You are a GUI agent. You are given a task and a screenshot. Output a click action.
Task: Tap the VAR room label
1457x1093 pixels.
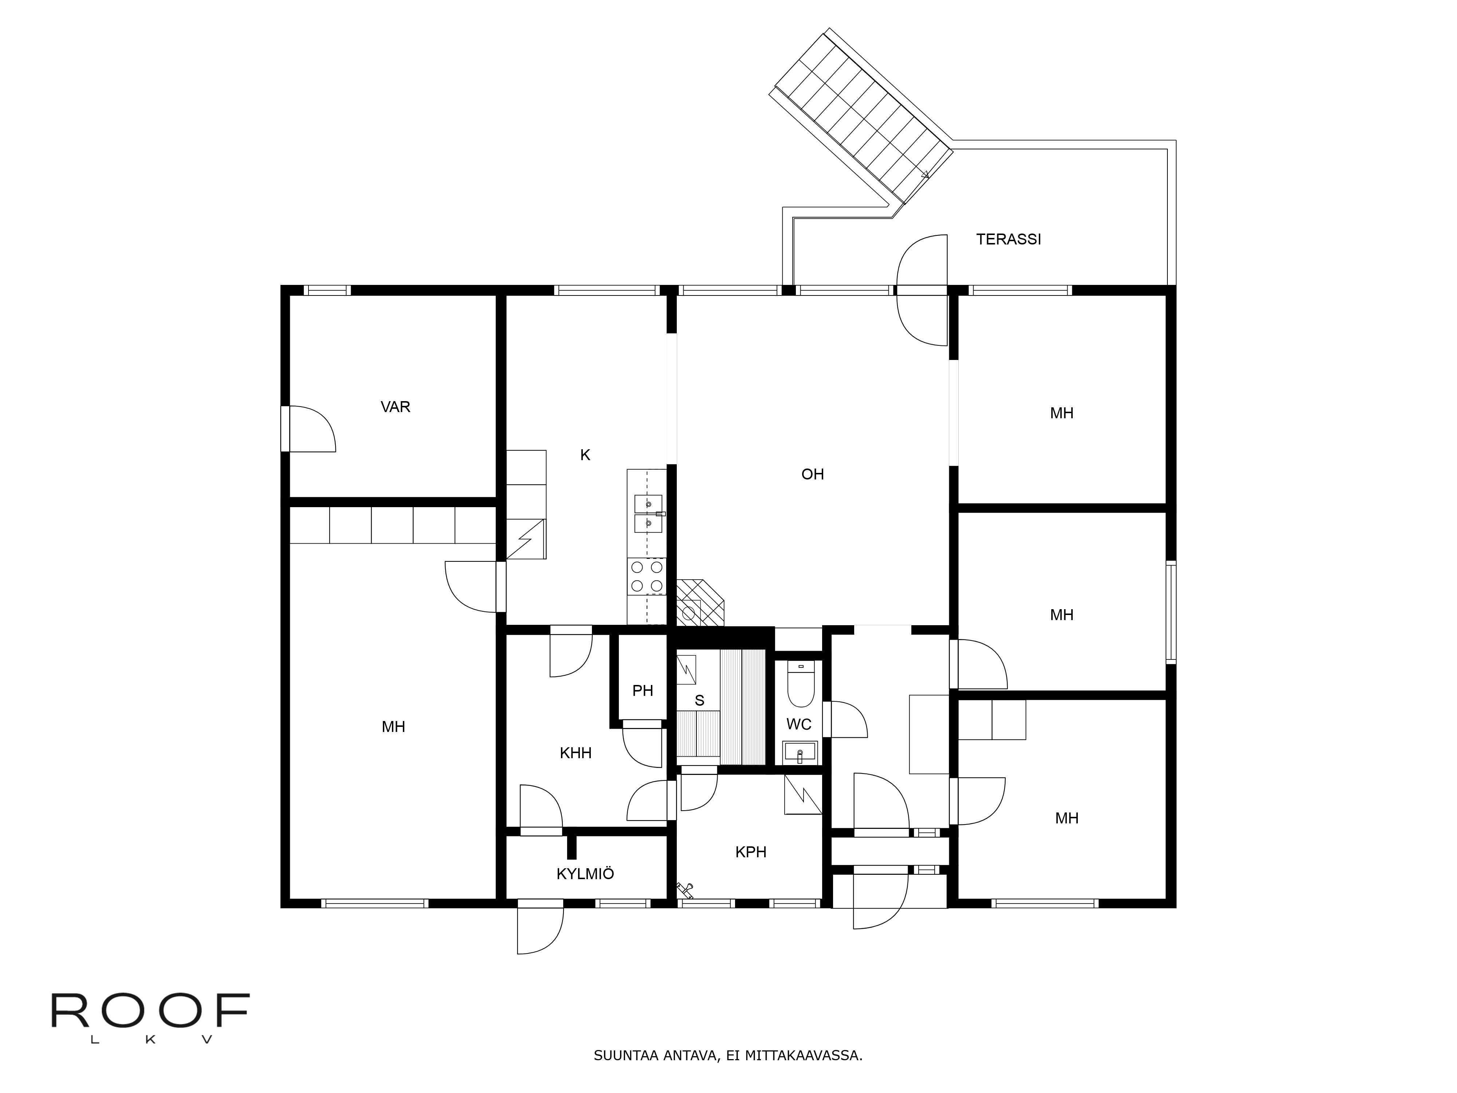pyautogui.click(x=395, y=407)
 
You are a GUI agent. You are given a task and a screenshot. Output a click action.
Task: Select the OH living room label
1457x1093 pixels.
pyautogui.click(x=812, y=474)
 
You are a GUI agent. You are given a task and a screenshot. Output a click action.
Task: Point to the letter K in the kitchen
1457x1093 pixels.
pyautogui.click(x=585, y=455)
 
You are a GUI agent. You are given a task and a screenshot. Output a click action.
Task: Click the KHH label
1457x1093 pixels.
pyautogui.click(x=576, y=753)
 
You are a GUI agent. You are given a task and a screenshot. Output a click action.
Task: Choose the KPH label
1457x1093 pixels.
pyautogui.click(x=751, y=852)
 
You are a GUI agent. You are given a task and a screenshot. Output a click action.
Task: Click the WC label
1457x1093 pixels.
pyautogui.click(x=799, y=725)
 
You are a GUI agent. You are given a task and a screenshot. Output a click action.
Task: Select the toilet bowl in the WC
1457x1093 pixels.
pyautogui.click(x=801, y=685)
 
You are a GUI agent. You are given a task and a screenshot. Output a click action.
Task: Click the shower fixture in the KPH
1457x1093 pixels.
pyautogui.click(x=685, y=890)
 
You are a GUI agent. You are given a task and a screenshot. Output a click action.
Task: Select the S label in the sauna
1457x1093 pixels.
pyautogui.click(x=699, y=700)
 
